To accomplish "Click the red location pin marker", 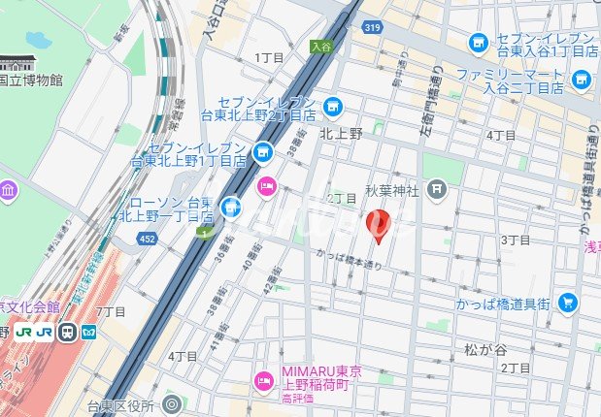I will tap(380, 225).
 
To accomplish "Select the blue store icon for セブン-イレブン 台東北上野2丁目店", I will tap(334, 106).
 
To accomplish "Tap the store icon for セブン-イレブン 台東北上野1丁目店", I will tap(262, 151).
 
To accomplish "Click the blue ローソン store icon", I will tap(230, 205).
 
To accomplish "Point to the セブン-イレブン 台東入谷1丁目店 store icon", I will tap(478, 43).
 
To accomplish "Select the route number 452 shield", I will tap(146, 238).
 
